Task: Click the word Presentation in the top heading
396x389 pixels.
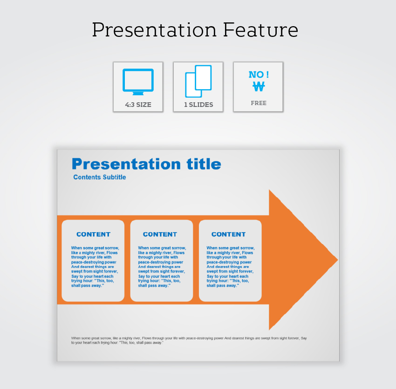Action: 154,30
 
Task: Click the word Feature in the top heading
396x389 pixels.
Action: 260,30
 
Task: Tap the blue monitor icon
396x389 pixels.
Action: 138,82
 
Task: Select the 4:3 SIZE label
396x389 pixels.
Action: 138,105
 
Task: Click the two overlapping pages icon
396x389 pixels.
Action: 198,81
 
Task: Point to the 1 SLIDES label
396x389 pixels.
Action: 198,105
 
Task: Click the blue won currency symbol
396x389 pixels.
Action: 259,86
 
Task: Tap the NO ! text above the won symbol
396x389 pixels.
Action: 259,75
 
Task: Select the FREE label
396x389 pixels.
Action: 259,103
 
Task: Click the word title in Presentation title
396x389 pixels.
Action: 204,164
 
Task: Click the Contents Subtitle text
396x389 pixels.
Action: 100,177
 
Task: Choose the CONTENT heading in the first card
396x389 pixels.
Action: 94,234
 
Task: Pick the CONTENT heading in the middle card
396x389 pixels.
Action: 160,234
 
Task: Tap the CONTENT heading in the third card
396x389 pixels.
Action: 229,234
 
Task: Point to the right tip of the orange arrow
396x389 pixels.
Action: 338,260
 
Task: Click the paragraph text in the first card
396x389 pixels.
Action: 95,267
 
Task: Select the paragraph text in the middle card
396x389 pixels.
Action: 162,267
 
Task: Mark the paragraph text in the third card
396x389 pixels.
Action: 231,267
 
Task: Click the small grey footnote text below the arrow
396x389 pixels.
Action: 189,340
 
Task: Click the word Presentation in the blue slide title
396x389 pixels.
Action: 126,164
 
